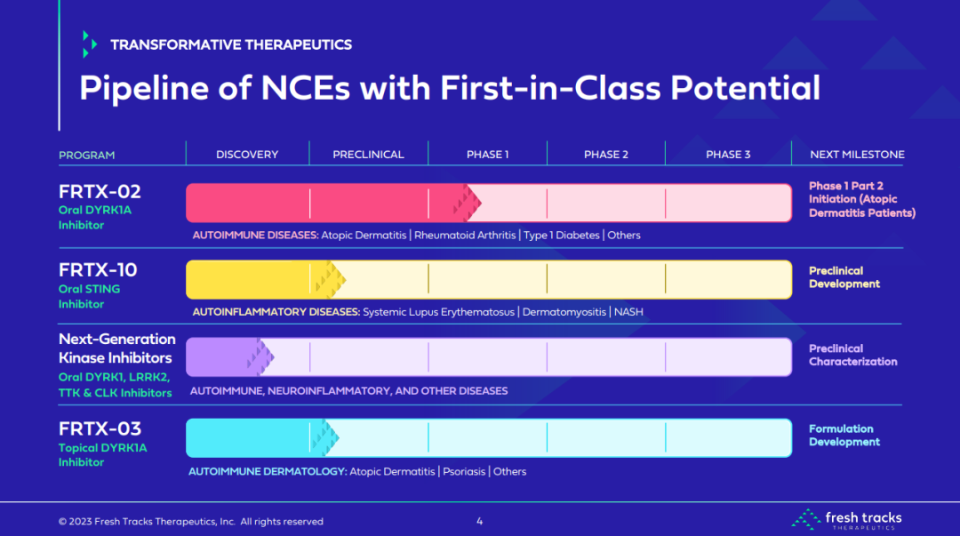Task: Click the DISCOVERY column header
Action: (x=247, y=155)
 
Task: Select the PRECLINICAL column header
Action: (x=368, y=155)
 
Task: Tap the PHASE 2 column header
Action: (x=605, y=155)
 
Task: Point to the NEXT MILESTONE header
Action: (x=857, y=155)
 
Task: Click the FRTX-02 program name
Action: (x=100, y=192)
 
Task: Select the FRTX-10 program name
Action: (x=98, y=269)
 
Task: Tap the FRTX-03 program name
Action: (x=100, y=428)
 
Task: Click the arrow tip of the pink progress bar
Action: (x=481, y=203)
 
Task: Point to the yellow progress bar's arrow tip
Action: (x=346, y=280)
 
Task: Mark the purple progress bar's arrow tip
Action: (x=274, y=356)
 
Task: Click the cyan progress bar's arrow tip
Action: (x=339, y=437)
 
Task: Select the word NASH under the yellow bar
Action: (x=628, y=312)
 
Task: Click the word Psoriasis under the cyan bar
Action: (x=463, y=472)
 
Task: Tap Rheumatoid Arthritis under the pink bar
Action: (x=465, y=236)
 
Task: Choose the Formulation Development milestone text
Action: (x=844, y=435)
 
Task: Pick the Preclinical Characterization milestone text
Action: (x=852, y=355)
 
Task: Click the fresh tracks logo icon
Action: (x=805, y=519)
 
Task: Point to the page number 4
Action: (x=479, y=521)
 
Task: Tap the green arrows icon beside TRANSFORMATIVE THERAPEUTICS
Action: (x=90, y=44)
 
